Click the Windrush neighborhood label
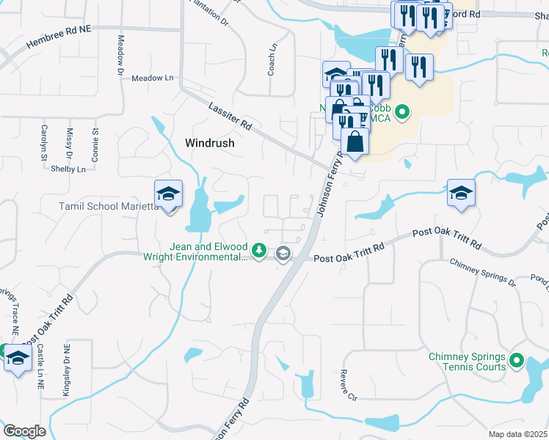pos(210,144)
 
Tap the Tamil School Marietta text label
pos(109,206)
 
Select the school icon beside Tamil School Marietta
pos(168,194)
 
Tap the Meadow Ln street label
pos(153,78)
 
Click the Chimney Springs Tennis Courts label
pos(467,362)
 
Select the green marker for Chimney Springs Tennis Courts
pos(517,361)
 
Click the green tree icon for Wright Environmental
pos(258,252)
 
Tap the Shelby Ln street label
pos(68,169)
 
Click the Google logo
pos(24,430)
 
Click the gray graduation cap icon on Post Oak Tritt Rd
pos(283,254)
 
